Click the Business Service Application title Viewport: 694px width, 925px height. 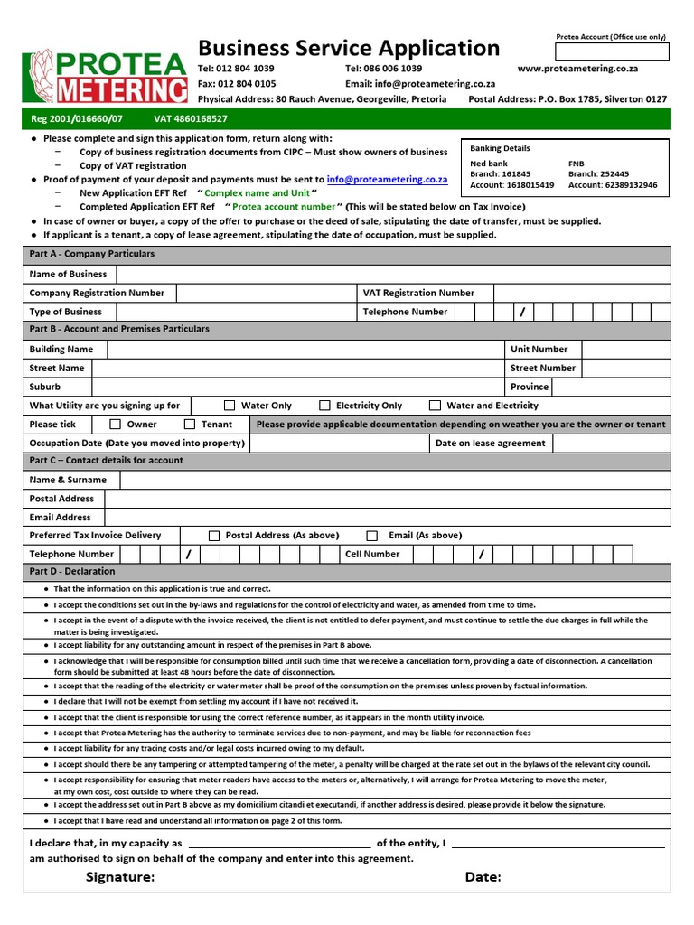[348, 48]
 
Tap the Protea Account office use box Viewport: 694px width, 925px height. [612, 51]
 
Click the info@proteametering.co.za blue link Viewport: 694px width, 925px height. [387, 180]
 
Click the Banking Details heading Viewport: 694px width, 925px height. [500, 148]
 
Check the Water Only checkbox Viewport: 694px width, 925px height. [230, 406]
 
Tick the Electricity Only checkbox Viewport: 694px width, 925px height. [324, 406]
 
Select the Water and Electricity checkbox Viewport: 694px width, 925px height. [435, 406]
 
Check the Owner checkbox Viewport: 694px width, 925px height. [115, 424]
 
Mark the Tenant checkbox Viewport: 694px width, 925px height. [190, 424]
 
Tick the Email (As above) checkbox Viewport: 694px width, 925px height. [371, 536]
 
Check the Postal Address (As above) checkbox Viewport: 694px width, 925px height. [214, 536]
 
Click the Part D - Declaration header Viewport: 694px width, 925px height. [72, 572]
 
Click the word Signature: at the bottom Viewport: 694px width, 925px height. [120, 877]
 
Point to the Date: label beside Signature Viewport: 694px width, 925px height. [483, 877]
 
